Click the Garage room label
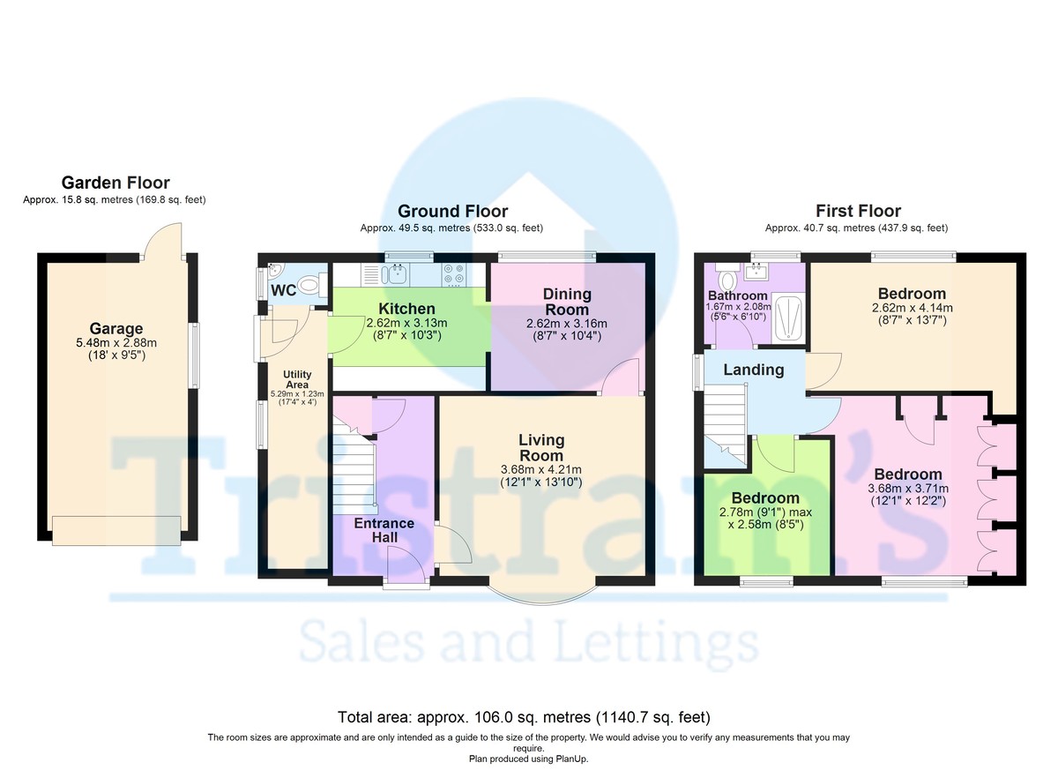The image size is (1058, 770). (x=116, y=328)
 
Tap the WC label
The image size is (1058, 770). (x=284, y=290)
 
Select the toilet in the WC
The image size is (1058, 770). (x=312, y=285)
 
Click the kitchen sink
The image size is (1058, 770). (x=396, y=274)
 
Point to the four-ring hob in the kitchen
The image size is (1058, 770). (x=454, y=274)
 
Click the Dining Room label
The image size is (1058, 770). (x=567, y=302)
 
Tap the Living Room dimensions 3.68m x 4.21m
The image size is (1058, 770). (x=541, y=469)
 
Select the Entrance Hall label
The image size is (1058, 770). (x=384, y=530)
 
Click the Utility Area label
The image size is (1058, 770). (x=297, y=379)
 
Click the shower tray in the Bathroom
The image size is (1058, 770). (x=787, y=318)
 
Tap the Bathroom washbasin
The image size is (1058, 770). (x=756, y=272)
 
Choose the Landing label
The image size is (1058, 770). (x=754, y=370)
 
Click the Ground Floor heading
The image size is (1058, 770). (x=452, y=211)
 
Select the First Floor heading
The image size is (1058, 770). (x=858, y=211)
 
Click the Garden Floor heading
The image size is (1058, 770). (x=115, y=183)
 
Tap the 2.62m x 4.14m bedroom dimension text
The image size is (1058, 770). (x=912, y=308)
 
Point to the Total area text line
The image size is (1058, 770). (x=524, y=717)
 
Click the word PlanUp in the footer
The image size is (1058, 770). (x=572, y=759)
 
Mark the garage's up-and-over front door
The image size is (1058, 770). (x=116, y=531)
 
